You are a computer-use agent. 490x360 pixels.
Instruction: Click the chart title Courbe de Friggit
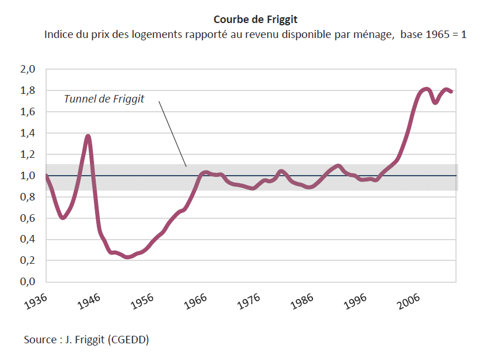[x=255, y=20]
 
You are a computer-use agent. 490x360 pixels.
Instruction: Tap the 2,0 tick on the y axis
[x=29, y=70]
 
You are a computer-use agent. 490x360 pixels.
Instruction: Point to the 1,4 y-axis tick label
[x=29, y=134]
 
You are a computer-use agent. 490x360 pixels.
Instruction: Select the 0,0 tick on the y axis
[x=29, y=282]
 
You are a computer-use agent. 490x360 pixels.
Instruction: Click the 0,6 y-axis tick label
[x=29, y=218]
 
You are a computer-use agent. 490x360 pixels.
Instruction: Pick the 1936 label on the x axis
[x=36, y=301]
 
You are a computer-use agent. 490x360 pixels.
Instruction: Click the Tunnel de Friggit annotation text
[x=104, y=99]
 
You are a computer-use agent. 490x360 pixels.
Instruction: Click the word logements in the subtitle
[x=160, y=35]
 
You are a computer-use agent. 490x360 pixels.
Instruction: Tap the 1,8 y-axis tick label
[x=29, y=91]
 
